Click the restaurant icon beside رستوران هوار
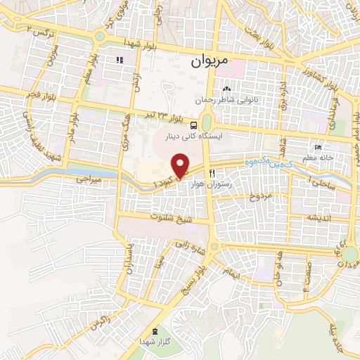pyautogui.click(x=212, y=172)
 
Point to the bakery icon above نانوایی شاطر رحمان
pyautogui.click(x=226, y=89)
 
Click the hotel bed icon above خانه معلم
pyautogui.click(x=318, y=148)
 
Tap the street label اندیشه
pyautogui.click(x=318, y=218)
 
